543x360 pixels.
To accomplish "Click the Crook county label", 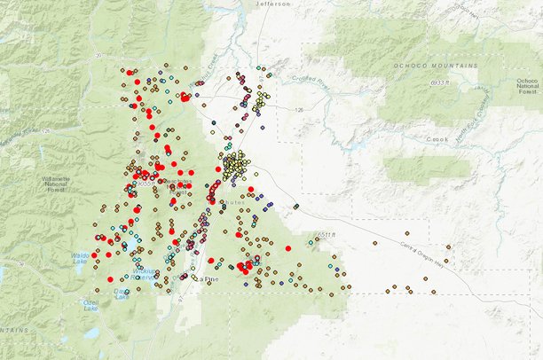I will coord(437,138).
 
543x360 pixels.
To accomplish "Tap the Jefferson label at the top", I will coord(274,4).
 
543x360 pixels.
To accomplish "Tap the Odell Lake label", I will coord(90,304).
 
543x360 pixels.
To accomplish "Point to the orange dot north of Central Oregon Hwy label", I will coord(374,242).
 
